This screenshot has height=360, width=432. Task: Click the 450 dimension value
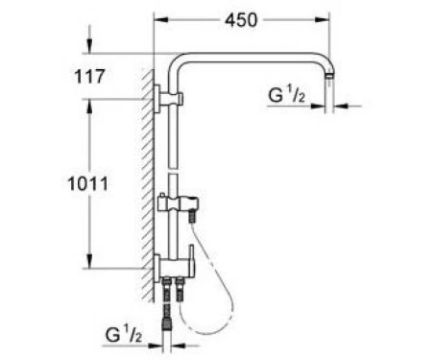241,20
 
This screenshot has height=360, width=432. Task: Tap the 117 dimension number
89,77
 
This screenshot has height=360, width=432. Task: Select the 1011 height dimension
88,184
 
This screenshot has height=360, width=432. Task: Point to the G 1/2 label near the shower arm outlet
286,95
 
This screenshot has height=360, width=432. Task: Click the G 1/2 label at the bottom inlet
124,335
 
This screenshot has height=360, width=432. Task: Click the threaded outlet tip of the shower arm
329,77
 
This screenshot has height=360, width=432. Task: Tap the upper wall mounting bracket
168,99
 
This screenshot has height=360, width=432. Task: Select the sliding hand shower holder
178,204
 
